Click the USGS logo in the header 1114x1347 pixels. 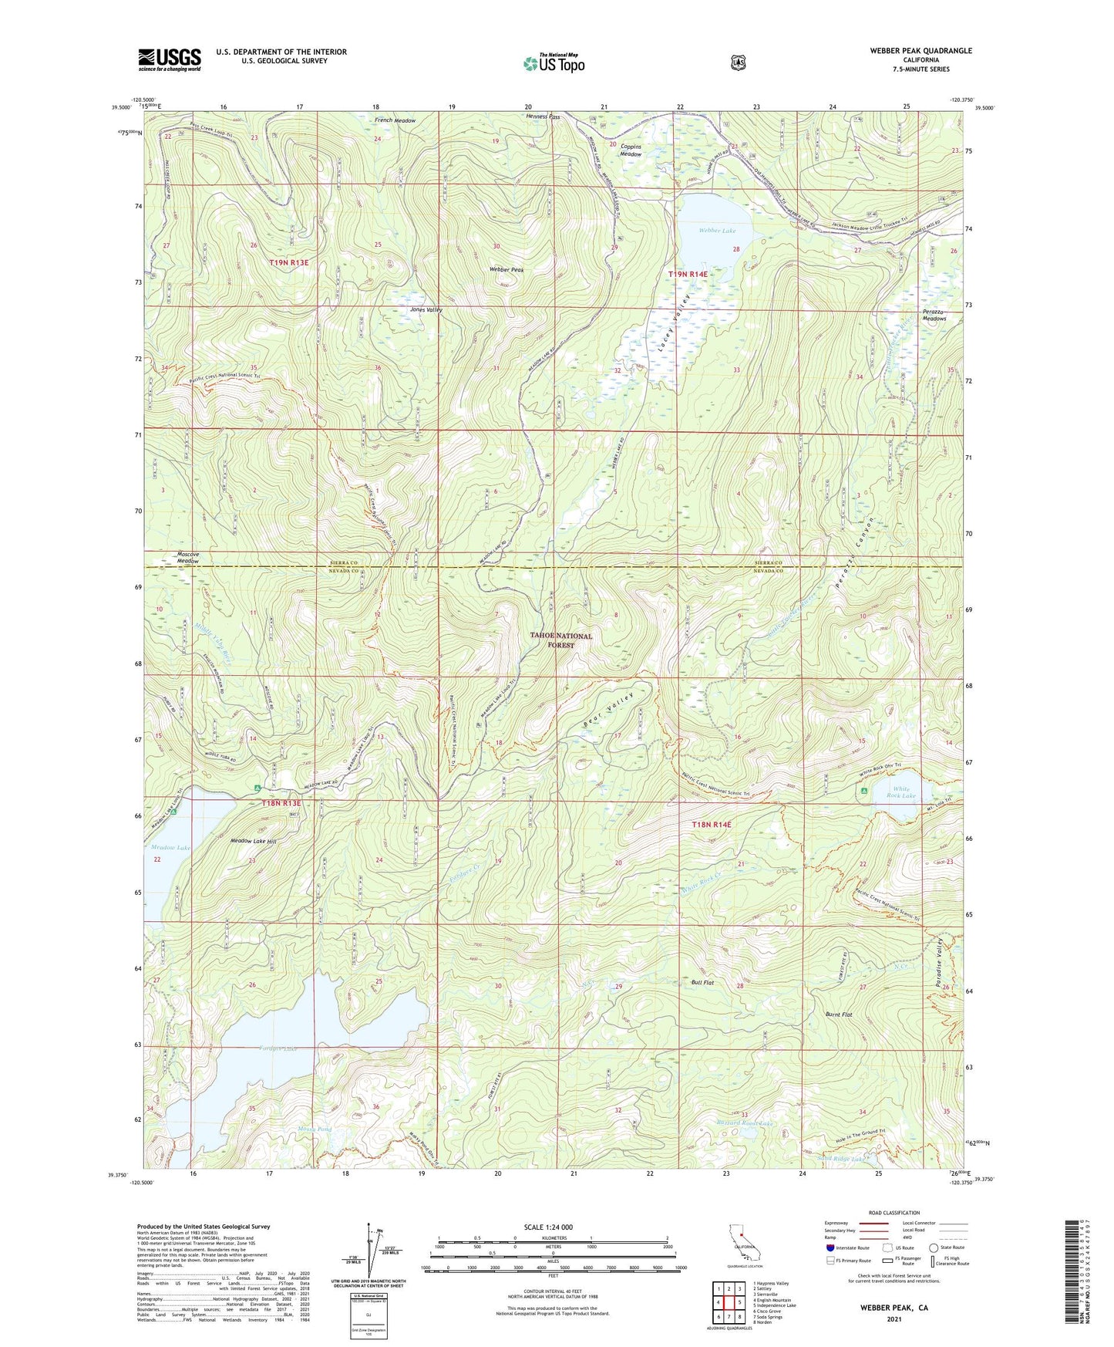170,59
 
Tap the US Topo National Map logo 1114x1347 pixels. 553,63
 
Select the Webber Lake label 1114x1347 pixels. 717,231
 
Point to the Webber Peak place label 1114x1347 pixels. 507,270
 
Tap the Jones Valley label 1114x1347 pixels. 426,309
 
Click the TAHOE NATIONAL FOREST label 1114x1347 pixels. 561,640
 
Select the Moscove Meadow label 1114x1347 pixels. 188,557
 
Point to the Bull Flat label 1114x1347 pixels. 702,982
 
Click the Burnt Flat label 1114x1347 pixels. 838,1014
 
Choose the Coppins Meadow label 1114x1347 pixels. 631,150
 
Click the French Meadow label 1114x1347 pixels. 395,120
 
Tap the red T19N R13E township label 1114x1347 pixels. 289,263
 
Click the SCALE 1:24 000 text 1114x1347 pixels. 548,1227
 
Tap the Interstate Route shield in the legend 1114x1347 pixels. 830,1247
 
